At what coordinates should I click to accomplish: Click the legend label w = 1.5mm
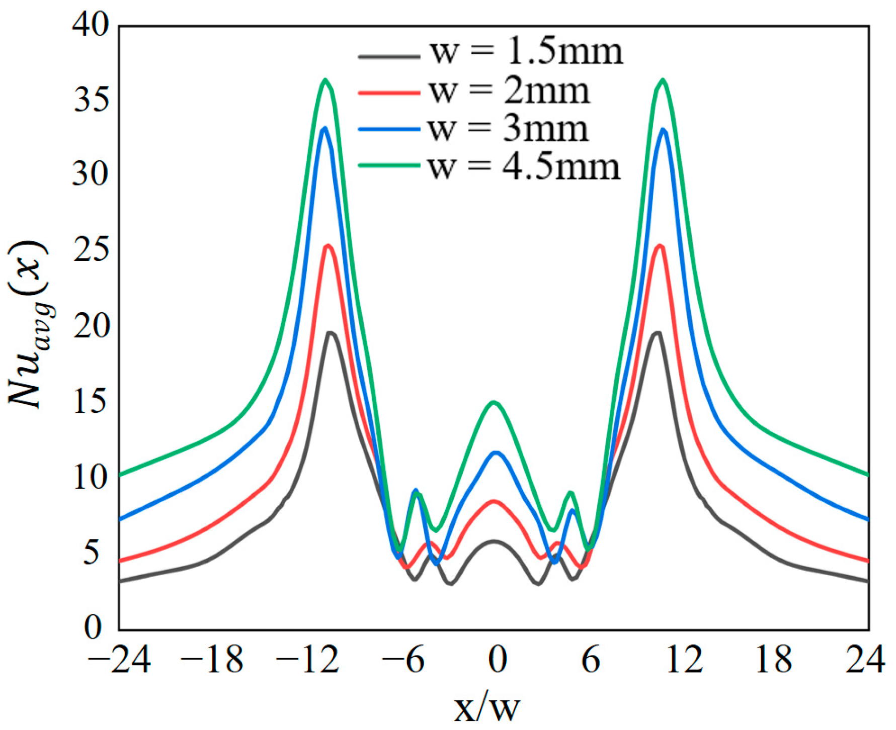click(526, 52)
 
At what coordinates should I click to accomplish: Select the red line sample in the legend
click(389, 93)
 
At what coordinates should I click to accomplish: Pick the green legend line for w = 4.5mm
click(389, 165)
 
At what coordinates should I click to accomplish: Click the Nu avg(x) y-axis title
click(28, 324)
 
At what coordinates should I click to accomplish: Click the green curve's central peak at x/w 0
click(494, 402)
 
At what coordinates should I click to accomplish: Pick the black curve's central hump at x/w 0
click(494, 541)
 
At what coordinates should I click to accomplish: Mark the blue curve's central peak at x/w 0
click(497, 452)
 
